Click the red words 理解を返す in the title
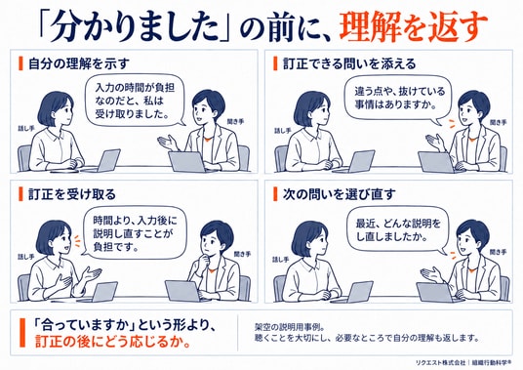click(414, 27)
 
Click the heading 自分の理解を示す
click(79, 63)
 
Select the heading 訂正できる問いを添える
click(349, 63)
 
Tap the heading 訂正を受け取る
click(72, 194)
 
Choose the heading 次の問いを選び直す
click(340, 194)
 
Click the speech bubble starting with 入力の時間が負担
click(135, 101)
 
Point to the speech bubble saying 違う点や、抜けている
click(398, 98)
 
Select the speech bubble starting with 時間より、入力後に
click(134, 233)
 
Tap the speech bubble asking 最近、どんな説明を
click(397, 230)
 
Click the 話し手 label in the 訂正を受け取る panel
click(26, 257)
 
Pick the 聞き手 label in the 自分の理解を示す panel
click(235, 122)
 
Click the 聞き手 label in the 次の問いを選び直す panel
click(498, 252)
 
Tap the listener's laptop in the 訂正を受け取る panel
click(183, 291)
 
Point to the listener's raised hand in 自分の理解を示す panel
click(169, 144)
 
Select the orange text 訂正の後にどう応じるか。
click(113, 343)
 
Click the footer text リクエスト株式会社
click(440, 362)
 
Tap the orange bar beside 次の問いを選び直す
click(275, 194)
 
